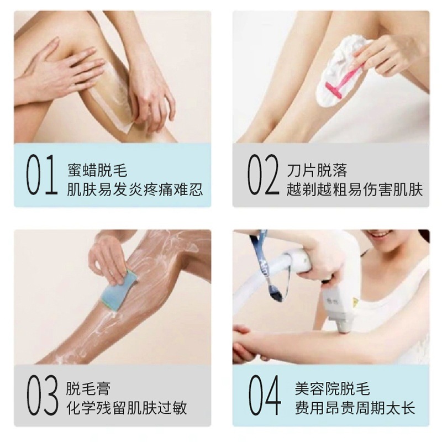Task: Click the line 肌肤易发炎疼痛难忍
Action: pyautogui.click(x=135, y=190)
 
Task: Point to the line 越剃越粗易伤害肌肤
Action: pyautogui.click(x=355, y=190)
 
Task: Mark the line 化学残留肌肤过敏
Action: pyautogui.click(x=127, y=408)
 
